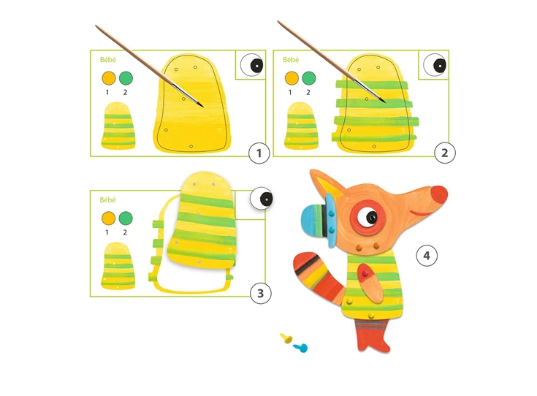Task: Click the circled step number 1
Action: pyautogui.click(x=259, y=153)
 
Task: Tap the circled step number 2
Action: pyautogui.click(x=444, y=153)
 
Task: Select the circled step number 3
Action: pyautogui.click(x=260, y=293)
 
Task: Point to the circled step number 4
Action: pyautogui.click(x=427, y=256)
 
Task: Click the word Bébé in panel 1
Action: pyautogui.click(x=108, y=60)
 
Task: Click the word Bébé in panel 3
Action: pyautogui.click(x=108, y=199)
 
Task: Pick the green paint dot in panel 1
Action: pyautogui.click(x=126, y=78)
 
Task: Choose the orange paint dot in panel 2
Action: pyautogui.click(x=292, y=78)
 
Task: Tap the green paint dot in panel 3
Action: pyautogui.click(x=126, y=218)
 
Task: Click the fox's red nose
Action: pyautogui.click(x=439, y=194)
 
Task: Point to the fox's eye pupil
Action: pyautogui.click(x=371, y=217)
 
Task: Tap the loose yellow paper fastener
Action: pyautogui.click(x=286, y=338)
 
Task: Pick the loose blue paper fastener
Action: pyautogui.click(x=301, y=348)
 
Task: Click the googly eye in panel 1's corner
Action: pyautogui.click(x=252, y=65)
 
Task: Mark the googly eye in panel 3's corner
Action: pyautogui.click(x=262, y=198)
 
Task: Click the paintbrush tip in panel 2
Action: pyautogui.click(x=385, y=102)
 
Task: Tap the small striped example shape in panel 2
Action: pyautogui.click(x=301, y=126)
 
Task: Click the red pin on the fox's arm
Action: pyautogui.click(x=365, y=273)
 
